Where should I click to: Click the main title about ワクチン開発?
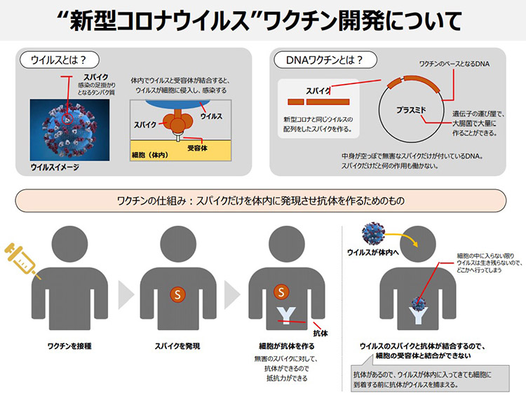pos(262,21)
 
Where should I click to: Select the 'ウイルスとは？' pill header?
pos(59,59)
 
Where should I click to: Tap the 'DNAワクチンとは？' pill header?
pos(319,59)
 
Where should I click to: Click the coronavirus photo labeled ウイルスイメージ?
pos(64,129)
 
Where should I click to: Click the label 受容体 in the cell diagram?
pos(198,148)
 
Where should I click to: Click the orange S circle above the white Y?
pos(281,290)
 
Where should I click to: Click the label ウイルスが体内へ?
pos(373,252)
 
